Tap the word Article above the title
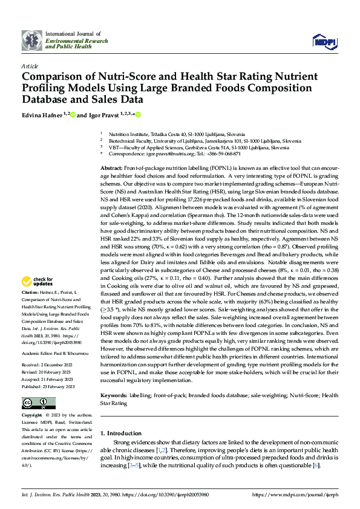pyautogui.click(x=30, y=66)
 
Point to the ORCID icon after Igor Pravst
pyautogui.click(x=138, y=114)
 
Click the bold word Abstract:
pyautogui.click(x=111, y=167)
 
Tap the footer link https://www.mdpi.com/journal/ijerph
pyautogui.click(x=294, y=494)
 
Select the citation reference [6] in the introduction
pyautogui.click(x=316, y=465)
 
